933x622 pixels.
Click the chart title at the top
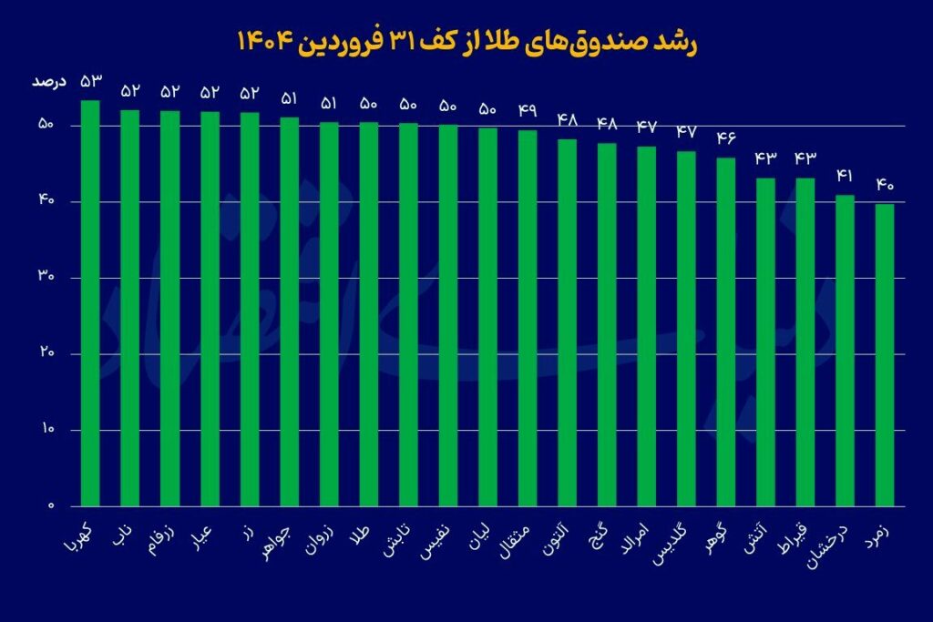pyautogui.click(x=466, y=43)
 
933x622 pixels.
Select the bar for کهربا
pyautogui.click(x=90, y=301)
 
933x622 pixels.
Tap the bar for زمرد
pyautogui.click(x=885, y=355)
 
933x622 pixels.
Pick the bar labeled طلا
pyautogui.click(x=368, y=314)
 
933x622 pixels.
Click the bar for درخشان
pyautogui.click(x=845, y=351)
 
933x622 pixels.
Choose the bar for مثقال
pyautogui.click(x=528, y=319)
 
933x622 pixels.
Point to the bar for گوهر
pyautogui.click(x=726, y=332)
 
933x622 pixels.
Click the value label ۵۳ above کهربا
pyautogui.click(x=90, y=83)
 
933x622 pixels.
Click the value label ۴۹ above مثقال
pyautogui.click(x=528, y=111)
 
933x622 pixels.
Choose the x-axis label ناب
pyautogui.click(x=125, y=533)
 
